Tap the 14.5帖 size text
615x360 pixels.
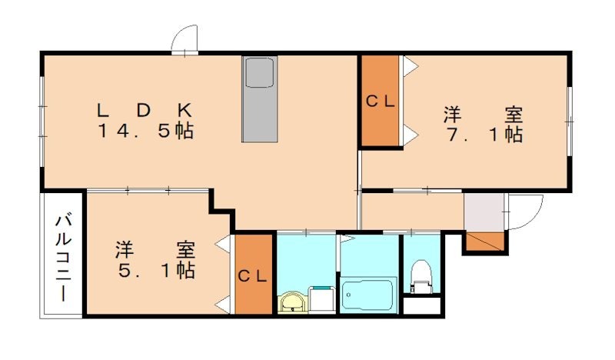(x=145, y=131)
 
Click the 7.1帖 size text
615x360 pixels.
(x=483, y=135)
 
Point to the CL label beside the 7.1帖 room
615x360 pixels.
(x=380, y=101)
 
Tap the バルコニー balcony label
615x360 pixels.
(x=62, y=258)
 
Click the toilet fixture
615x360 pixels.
(x=421, y=277)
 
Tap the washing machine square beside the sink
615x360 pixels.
(x=322, y=299)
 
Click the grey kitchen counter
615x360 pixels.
(x=260, y=100)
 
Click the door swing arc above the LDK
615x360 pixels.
(x=186, y=38)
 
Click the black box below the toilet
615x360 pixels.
(x=422, y=305)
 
